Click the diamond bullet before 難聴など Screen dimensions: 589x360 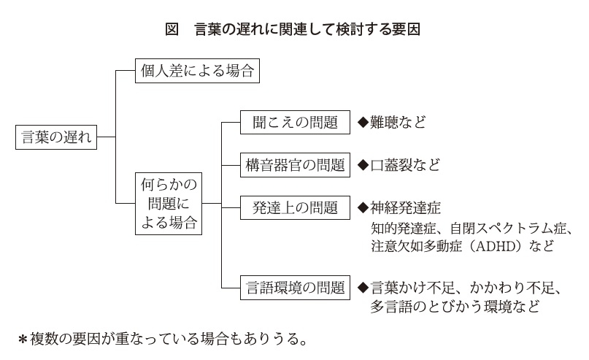point(363,122)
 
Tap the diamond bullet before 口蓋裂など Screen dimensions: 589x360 point(363,165)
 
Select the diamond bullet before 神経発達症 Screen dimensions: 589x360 point(363,207)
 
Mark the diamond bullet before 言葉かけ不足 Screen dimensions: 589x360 point(363,288)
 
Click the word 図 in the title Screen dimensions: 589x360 point(172,29)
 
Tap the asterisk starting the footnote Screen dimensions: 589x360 point(23,340)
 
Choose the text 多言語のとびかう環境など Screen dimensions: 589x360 point(455,307)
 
